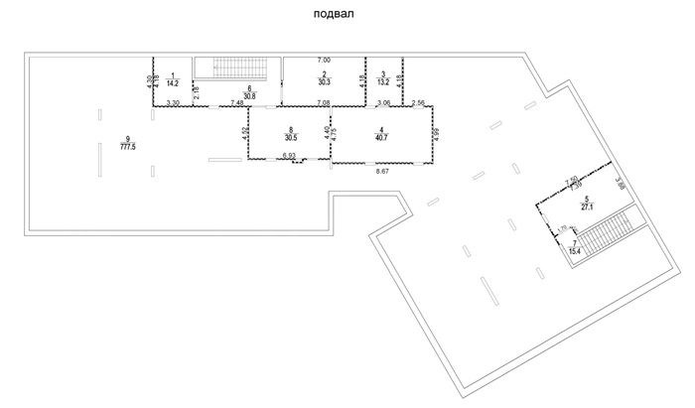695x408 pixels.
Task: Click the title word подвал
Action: click(333, 16)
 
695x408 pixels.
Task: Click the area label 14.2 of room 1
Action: click(173, 83)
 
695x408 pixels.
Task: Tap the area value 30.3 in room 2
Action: click(325, 83)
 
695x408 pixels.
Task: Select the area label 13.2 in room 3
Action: click(383, 83)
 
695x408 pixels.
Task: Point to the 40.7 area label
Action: click(382, 138)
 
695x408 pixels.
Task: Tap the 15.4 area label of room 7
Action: click(575, 252)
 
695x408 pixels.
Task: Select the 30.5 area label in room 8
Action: click(291, 138)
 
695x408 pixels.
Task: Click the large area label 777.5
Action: click(127, 146)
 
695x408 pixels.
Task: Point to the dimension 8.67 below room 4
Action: click(382, 173)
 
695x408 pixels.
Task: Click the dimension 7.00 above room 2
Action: click(324, 62)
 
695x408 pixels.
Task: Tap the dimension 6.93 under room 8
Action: click(289, 157)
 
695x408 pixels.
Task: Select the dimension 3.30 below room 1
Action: click(173, 103)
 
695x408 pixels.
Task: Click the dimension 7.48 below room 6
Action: click(238, 103)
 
